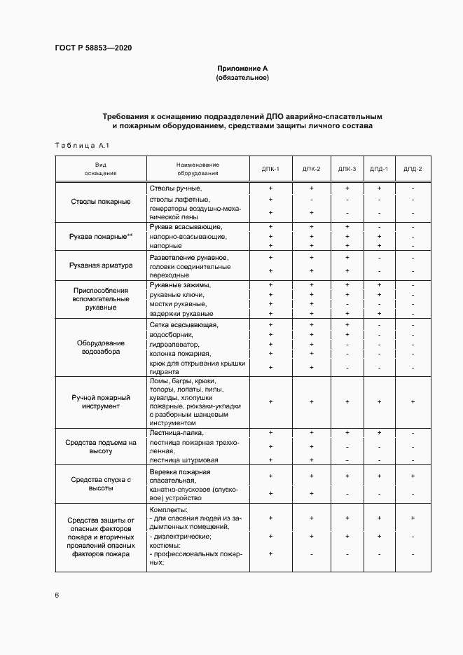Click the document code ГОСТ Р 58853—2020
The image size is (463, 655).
93,48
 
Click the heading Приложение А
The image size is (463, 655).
242,69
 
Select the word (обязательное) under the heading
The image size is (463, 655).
242,78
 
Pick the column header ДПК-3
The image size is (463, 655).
347,169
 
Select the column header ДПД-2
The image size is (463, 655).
413,169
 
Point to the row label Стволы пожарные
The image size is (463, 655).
101,202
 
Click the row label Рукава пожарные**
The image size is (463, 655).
101,237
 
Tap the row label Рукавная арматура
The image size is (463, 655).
101,266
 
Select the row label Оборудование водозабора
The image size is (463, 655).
101,347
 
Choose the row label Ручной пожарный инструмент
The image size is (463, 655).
101,401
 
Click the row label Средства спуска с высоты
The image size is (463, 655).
101,484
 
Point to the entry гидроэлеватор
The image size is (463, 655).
175,345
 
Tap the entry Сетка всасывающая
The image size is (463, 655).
184,325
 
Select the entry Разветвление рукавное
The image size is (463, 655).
189,258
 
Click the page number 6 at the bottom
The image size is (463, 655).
57,595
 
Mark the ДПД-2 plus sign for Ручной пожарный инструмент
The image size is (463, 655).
413,401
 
